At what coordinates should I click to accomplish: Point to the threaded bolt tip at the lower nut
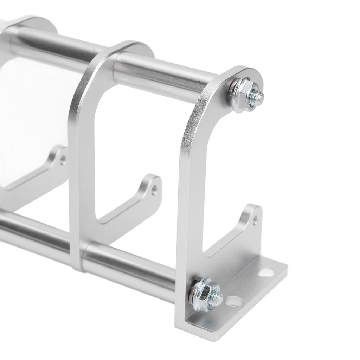coord(219,299)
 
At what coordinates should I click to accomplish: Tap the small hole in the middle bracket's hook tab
coord(154,190)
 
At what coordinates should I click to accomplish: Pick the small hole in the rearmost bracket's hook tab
coord(63,160)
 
